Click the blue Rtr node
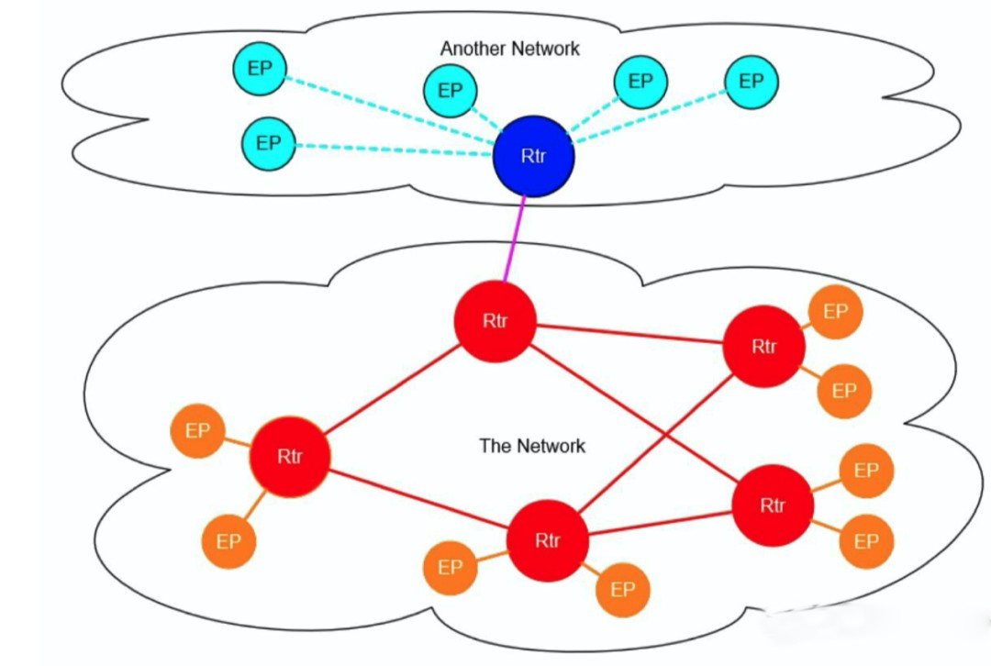tap(533, 156)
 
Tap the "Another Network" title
tap(509, 49)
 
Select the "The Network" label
tap(531, 446)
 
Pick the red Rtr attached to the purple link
tap(495, 321)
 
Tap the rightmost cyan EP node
tap(751, 81)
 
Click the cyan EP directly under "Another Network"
tap(450, 90)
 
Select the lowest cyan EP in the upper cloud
tap(268, 143)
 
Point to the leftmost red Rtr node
tap(289, 456)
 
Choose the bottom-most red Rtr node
tap(547, 540)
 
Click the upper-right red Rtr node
tap(763, 347)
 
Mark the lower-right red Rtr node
tap(773, 505)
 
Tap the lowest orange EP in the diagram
tap(622, 589)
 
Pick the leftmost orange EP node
tap(197, 430)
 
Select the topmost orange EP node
tap(835, 312)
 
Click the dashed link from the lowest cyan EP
tap(395, 150)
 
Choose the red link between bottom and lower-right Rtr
tap(661, 523)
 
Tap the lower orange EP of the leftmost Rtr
tap(228, 541)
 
